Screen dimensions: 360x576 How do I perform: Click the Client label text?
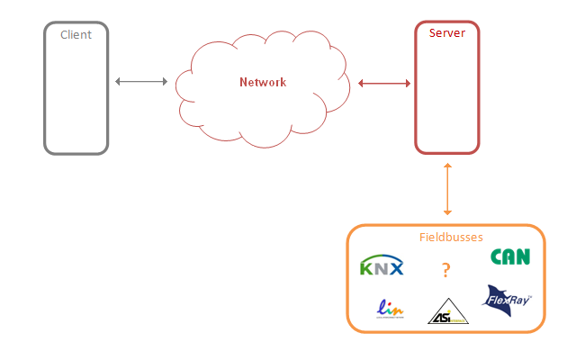tap(76, 34)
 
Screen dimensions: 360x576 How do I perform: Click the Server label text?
tap(447, 32)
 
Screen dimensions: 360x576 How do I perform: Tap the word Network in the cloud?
tap(263, 82)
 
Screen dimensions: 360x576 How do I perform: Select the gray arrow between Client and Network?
tap(142, 82)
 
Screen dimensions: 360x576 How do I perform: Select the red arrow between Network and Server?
tap(384, 84)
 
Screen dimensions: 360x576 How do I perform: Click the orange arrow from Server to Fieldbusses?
tap(447, 189)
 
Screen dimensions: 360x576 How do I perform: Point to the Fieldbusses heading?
tap(451, 238)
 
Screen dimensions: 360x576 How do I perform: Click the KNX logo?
tap(382, 266)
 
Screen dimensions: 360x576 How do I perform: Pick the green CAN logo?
tap(510, 256)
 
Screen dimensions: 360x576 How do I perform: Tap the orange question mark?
tap(445, 268)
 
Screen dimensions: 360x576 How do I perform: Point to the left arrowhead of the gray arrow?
tap(118, 82)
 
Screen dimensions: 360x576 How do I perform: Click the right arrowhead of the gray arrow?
tap(166, 82)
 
